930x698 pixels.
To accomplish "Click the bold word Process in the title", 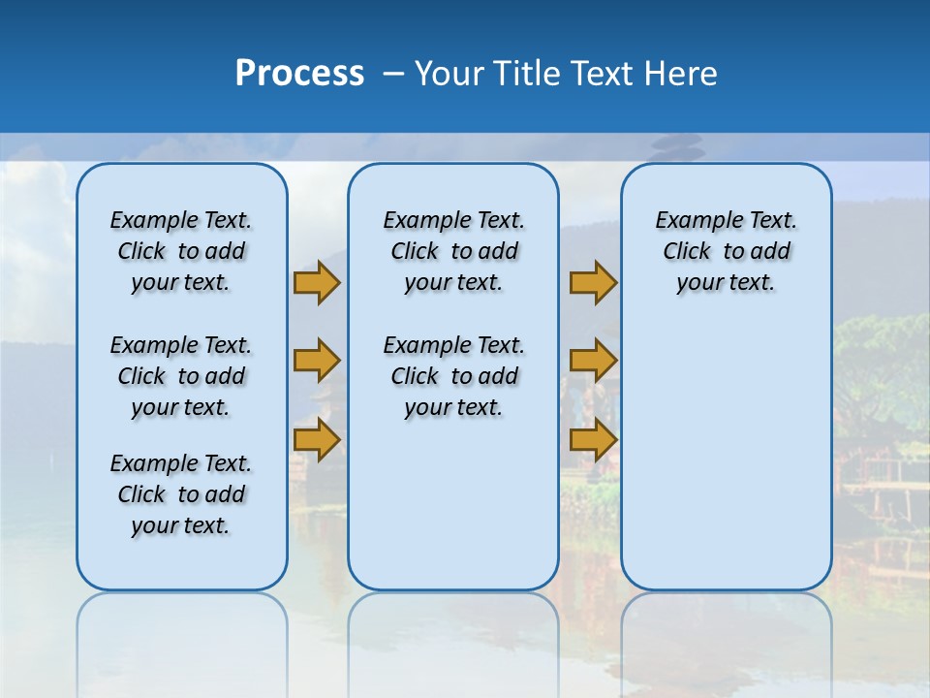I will click(299, 73).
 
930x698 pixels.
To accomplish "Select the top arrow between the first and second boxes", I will click(316, 282).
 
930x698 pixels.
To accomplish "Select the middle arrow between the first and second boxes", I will click(316, 361).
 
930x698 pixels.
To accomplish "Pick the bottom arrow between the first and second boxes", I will click(316, 439).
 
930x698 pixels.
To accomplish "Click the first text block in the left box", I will click(181, 251).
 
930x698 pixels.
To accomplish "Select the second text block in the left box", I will click(181, 376).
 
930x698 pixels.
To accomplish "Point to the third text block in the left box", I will click(181, 494).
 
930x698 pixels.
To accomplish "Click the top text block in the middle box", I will click(453, 251).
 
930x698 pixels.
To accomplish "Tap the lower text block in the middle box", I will click(453, 376).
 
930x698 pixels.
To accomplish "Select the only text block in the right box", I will click(726, 251).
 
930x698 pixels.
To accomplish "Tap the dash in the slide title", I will click(393, 74).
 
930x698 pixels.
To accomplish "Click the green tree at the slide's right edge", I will click(886, 359).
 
